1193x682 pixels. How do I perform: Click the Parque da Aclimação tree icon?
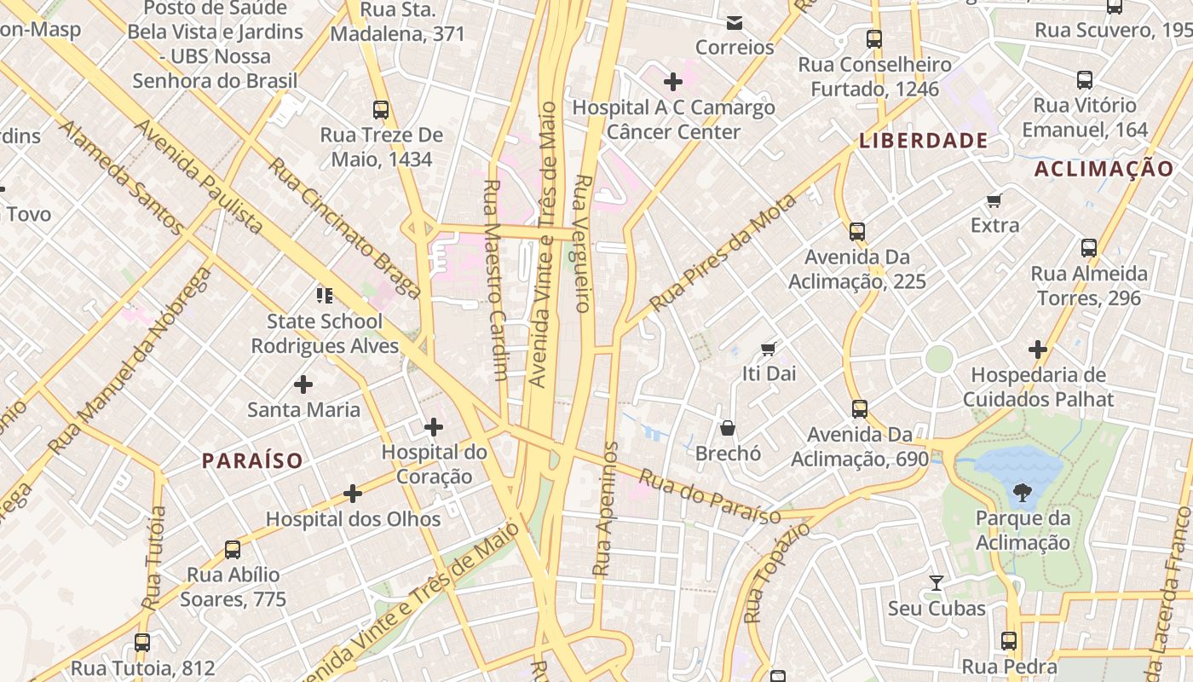coord(1022,492)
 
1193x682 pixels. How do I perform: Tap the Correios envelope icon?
coord(735,22)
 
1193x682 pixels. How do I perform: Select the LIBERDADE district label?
coord(923,141)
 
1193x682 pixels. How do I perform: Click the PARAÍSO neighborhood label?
coord(252,461)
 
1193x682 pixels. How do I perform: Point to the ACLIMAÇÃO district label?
coord(1104,169)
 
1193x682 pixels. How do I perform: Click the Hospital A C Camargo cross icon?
coord(673,82)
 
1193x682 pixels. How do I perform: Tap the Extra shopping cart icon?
coord(994,200)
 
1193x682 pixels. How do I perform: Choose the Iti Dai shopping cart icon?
coord(769,349)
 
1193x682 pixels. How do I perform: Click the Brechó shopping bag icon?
coord(728,428)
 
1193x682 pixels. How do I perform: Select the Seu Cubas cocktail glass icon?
coord(937,583)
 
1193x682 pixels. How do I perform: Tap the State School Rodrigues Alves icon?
coord(325,296)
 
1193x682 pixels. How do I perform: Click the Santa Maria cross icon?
coord(303,384)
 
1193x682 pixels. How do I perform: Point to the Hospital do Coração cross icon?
coord(434,426)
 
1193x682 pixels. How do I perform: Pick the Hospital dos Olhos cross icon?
coord(353,493)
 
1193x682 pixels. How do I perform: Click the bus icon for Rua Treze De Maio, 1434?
coord(381,109)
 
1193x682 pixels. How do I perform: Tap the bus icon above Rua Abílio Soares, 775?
coord(233,549)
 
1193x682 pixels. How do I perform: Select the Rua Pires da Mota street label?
coord(723,253)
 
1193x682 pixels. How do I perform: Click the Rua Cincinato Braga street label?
coord(344,228)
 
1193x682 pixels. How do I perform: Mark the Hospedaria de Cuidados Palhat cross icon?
coord(1037,350)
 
